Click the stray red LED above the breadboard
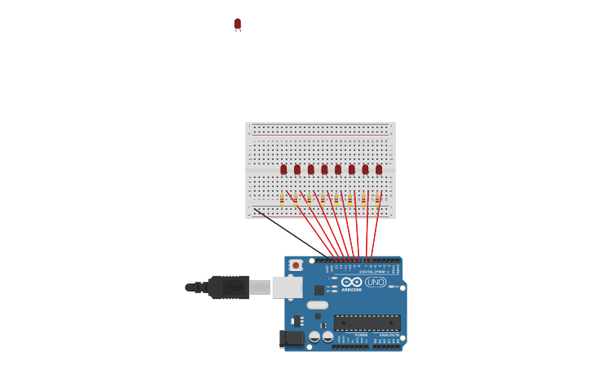click(238, 24)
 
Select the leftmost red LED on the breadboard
click(283, 170)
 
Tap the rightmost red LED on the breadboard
click(379, 170)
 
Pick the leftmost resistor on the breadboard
click(282, 198)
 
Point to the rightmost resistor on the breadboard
click(377, 198)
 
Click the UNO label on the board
click(376, 282)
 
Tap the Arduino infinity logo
click(352, 282)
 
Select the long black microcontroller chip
click(367, 323)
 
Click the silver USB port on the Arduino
click(287, 287)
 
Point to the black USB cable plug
click(229, 287)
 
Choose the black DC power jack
click(292, 338)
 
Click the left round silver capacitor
click(314, 337)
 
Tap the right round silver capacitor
click(327, 337)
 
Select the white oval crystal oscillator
click(318, 305)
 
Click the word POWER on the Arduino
click(361, 335)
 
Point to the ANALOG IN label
click(389, 335)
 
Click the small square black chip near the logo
click(319, 290)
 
